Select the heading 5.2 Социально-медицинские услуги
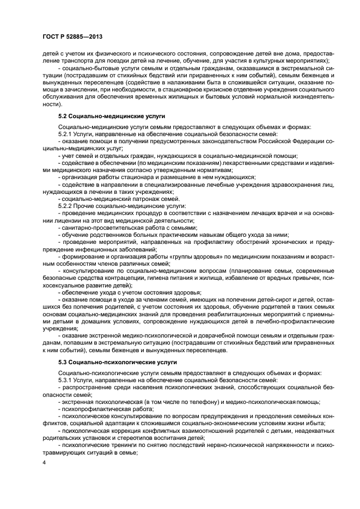pyautogui.click(x=112, y=116)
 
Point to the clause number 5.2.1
pyautogui.click(x=65, y=134)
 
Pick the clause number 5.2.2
pyautogui.click(x=65, y=206)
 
